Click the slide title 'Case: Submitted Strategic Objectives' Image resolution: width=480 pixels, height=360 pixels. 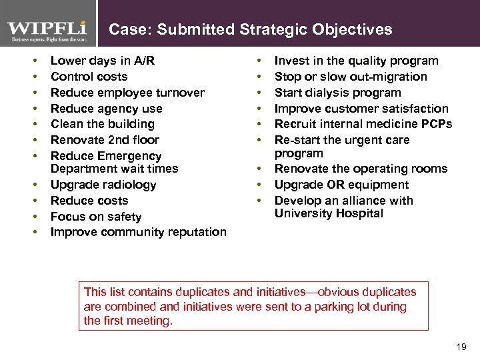pyautogui.click(x=250, y=29)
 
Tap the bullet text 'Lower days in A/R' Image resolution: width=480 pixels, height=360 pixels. pyautogui.click(x=103, y=61)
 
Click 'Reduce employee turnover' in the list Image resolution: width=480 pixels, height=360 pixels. pyautogui.click(x=127, y=93)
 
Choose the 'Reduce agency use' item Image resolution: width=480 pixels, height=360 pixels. pyautogui.click(x=106, y=109)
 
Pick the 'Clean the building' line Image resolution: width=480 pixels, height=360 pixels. pyautogui.click(x=102, y=124)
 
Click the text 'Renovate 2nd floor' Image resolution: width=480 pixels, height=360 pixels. pyautogui.click(x=105, y=140)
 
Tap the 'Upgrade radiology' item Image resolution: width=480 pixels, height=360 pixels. pyautogui.click(x=103, y=185)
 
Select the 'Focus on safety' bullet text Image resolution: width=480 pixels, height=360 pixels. pyautogui.click(x=96, y=217)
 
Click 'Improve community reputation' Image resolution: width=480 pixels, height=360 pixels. pyautogui.click(x=138, y=232)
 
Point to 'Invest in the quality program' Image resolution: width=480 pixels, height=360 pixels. pyautogui.click(x=356, y=61)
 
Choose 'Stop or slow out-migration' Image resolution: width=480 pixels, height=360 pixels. pyautogui.click(x=351, y=77)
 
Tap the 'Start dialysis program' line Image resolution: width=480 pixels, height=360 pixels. pyautogui.click(x=337, y=93)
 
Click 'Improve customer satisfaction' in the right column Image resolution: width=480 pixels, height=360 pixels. pyautogui.click(x=361, y=109)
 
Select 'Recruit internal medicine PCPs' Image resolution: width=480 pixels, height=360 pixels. pyautogui.click(x=363, y=124)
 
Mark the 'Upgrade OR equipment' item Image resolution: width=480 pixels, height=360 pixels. pyautogui.click(x=341, y=185)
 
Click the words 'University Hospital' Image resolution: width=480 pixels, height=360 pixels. pyautogui.click(x=329, y=213)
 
